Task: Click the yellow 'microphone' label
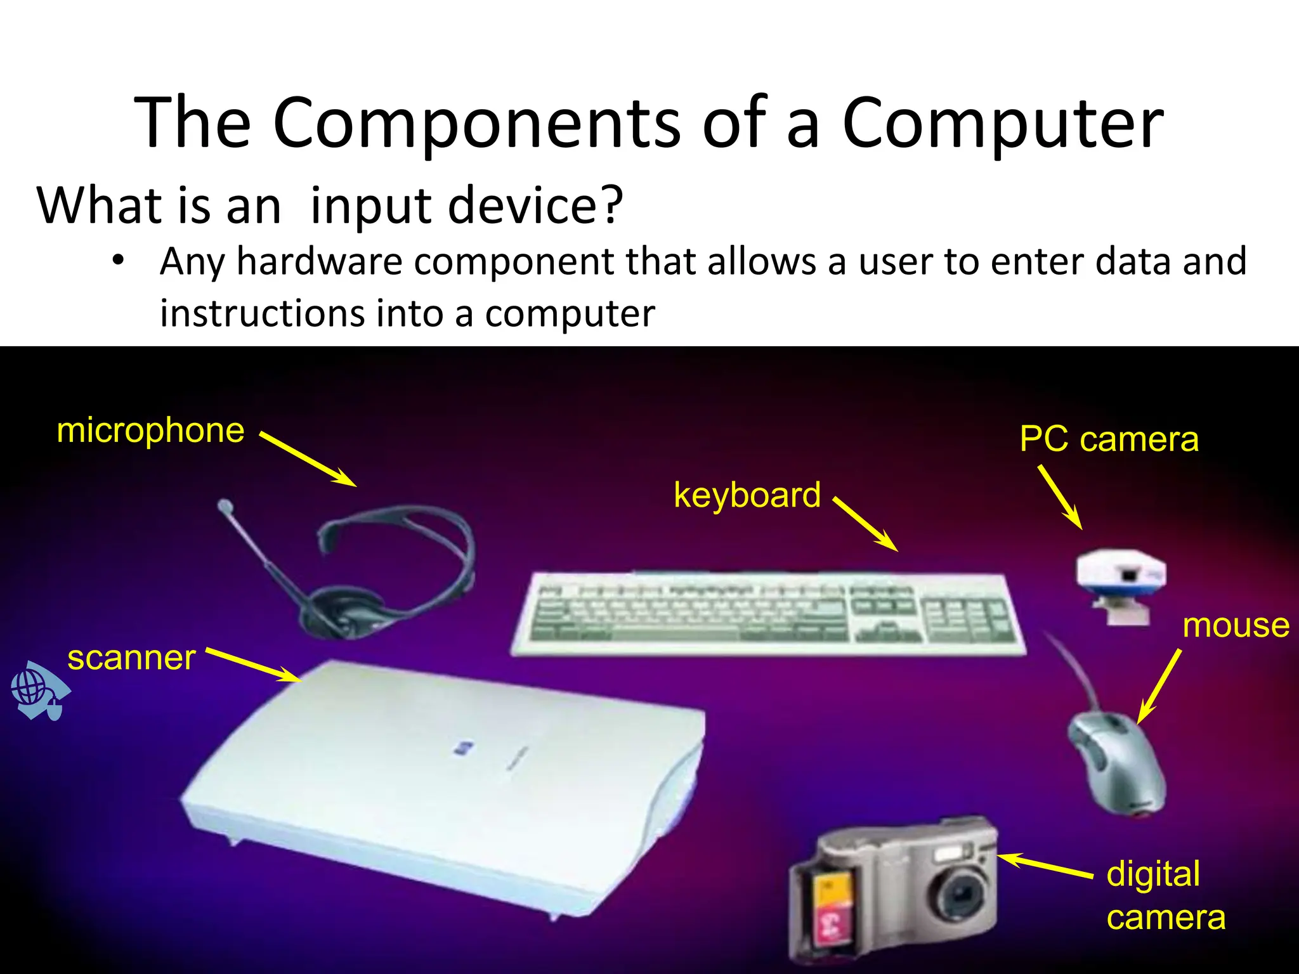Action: (150, 431)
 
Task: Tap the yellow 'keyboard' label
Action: (747, 495)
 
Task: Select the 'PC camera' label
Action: (1109, 439)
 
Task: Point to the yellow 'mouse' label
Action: (1236, 626)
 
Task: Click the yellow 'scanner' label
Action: (131, 658)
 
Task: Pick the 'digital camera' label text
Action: (1165, 895)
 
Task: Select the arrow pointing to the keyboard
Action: (865, 524)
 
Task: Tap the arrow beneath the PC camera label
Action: (1060, 497)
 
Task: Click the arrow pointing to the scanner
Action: (254, 665)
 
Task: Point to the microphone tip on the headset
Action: (225, 507)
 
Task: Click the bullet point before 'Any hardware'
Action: (117, 261)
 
